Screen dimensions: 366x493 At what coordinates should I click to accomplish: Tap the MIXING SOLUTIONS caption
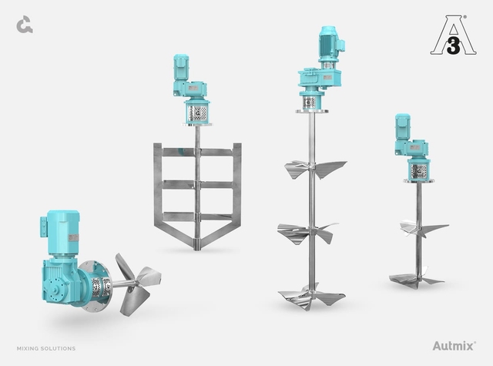pyautogui.click(x=45, y=348)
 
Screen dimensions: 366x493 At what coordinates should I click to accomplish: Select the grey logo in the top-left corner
pyautogui.click(x=24, y=25)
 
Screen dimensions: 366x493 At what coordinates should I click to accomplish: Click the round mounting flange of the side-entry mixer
pyautogui.click(x=93, y=284)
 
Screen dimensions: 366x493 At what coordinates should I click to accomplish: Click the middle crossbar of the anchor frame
pyautogui.click(x=197, y=185)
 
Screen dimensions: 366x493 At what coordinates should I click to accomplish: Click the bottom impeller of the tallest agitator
pyautogui.click(x=311, y=297)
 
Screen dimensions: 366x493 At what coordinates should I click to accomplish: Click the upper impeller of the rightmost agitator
pyautogui.click(x=421, y=228)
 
